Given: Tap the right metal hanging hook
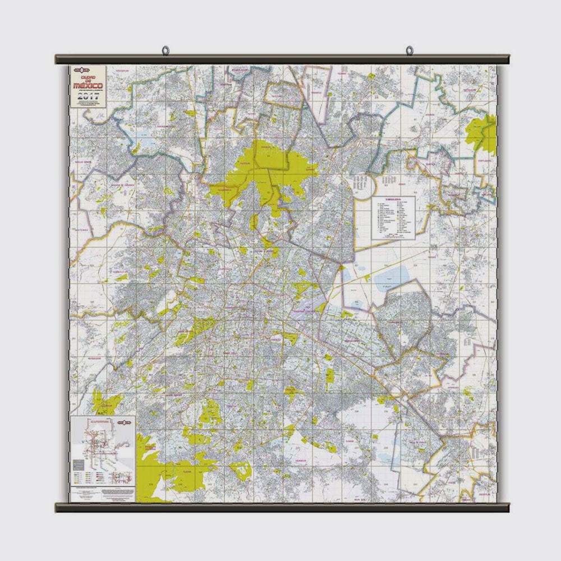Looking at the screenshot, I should coord(409,51).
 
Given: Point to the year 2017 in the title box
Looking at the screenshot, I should coord(90,95).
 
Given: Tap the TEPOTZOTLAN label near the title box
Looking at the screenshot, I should coord(122,71).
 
